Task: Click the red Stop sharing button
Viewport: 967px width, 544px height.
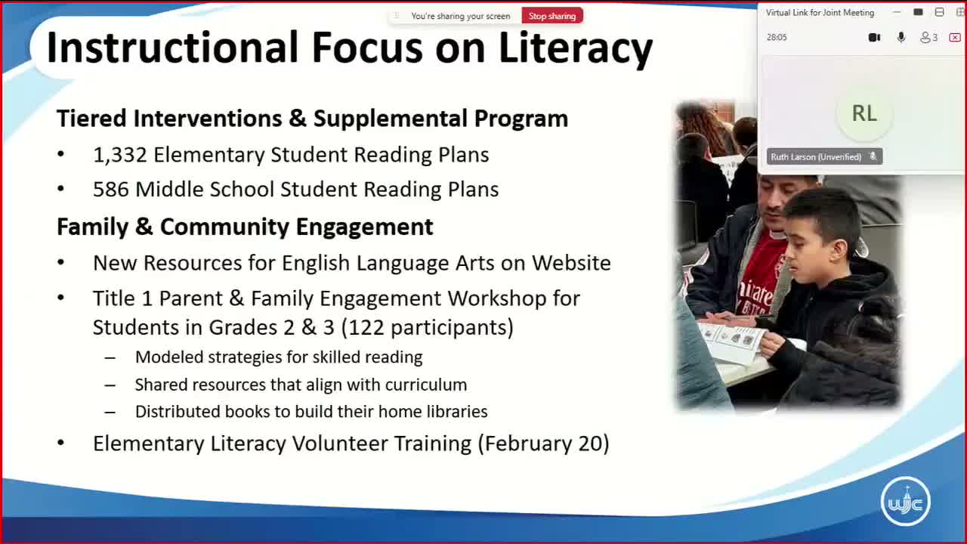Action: pyautogui.click(x=551, y=16)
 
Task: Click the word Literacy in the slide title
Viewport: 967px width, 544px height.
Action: pyautogui.click(x=576, y=48)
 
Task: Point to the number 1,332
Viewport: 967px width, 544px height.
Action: pyautogui.click(x=119, y=155)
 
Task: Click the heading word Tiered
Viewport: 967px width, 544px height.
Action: pyautogui.click(x=91, y=119)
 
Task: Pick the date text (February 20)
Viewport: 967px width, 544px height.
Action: pyautogui.click(x=543, y=444)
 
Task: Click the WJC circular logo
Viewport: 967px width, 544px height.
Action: pyautogui.click(x=905, y=501)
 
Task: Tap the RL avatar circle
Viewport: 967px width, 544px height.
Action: pyautogui.click(x=864, y=113)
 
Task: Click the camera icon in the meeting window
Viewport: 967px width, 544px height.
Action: pyautogui.click(x=874, y=37)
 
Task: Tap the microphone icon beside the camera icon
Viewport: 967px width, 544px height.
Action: pyautogui.click(x=901, y=37)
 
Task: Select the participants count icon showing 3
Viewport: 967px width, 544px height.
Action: pyautogui.click(x=928, y=37)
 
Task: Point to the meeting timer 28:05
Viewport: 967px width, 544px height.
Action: pyautogui.click(x=777, y=37)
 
